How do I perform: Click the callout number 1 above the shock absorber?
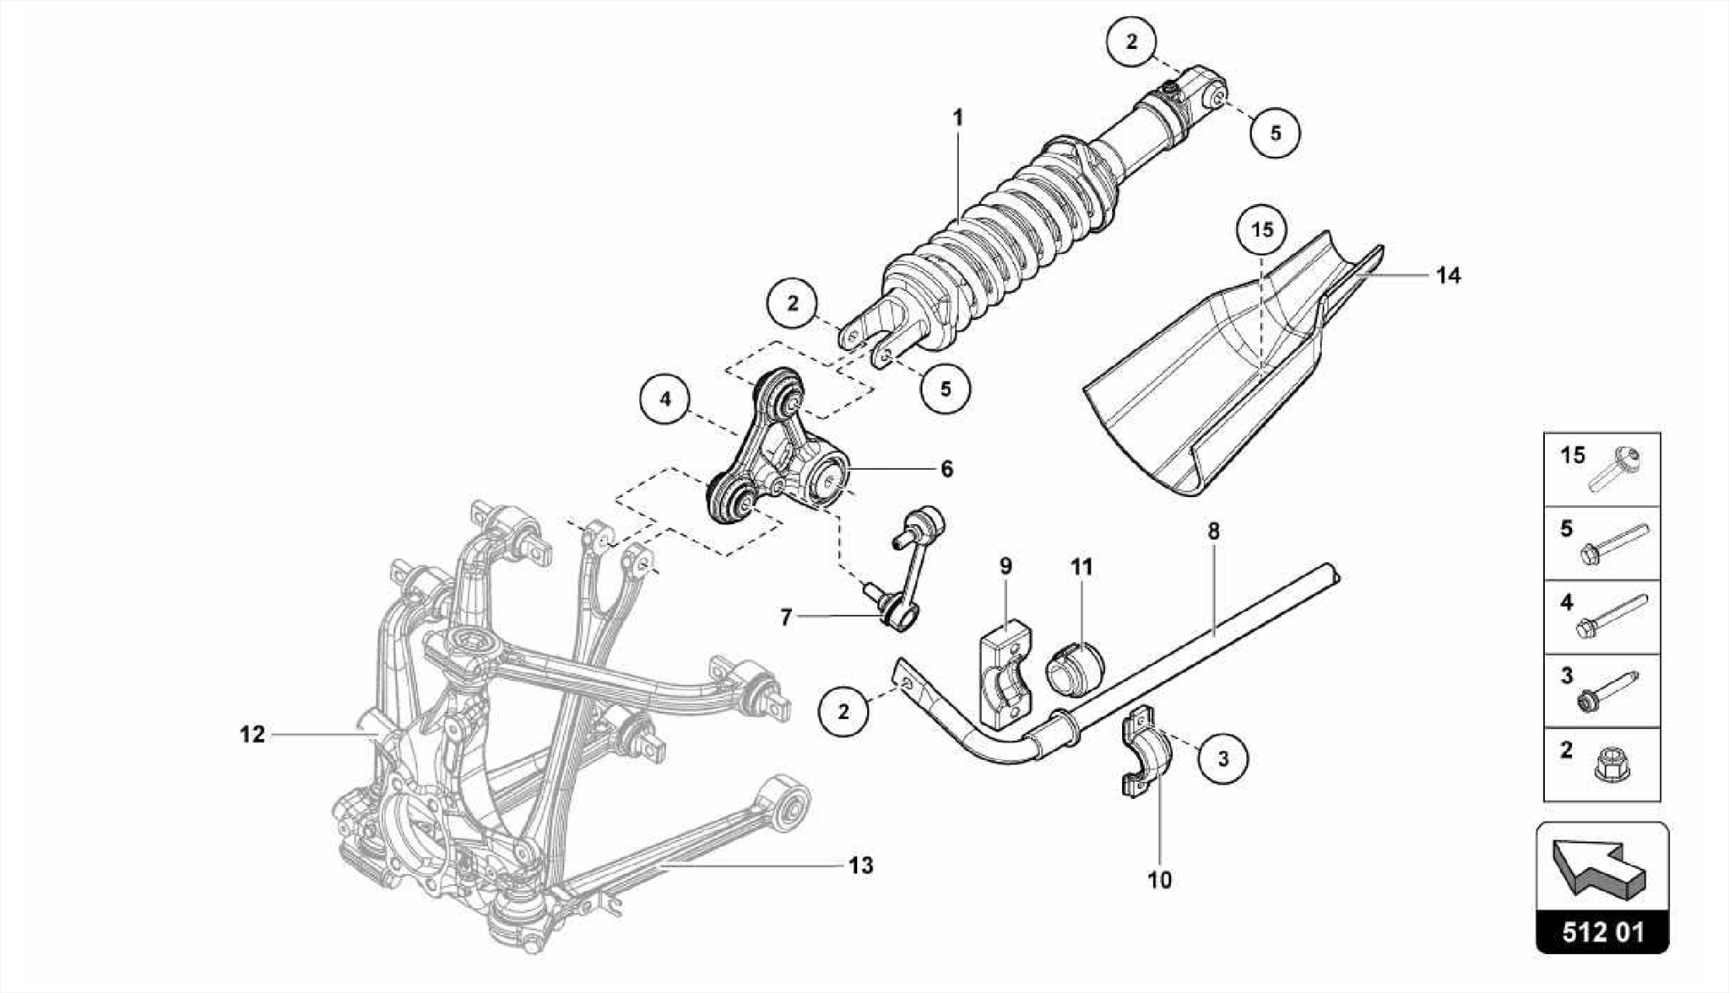957,117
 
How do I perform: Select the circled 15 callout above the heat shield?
1262,229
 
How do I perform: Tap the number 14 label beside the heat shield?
1448,275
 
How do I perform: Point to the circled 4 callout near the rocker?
665,398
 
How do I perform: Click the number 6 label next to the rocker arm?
946,469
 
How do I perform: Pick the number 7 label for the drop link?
786,618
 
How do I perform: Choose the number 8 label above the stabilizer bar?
1213,532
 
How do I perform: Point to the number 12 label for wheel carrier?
252,734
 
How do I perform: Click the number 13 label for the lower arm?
860,866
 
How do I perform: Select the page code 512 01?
1602,933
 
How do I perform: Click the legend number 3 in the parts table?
1567,675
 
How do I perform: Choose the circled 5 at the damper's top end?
1275,132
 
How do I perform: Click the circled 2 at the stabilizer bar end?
843,711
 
